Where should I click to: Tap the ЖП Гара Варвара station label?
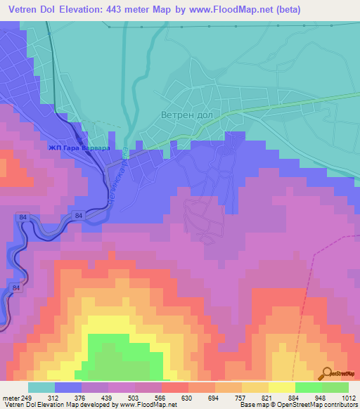(x=79, y=148)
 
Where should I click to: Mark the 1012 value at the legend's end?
(x=349, y=397)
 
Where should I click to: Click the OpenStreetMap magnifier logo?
(x=328, y=373)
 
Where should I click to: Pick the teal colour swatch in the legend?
(x=41, y=387)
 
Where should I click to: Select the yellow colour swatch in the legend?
(x=281, y=387)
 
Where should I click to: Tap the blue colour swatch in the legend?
(x=68, y=387)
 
